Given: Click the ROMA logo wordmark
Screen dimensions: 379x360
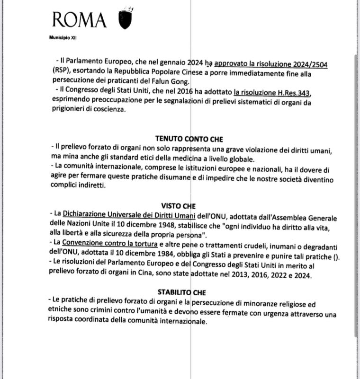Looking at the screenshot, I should pos(79,19).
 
